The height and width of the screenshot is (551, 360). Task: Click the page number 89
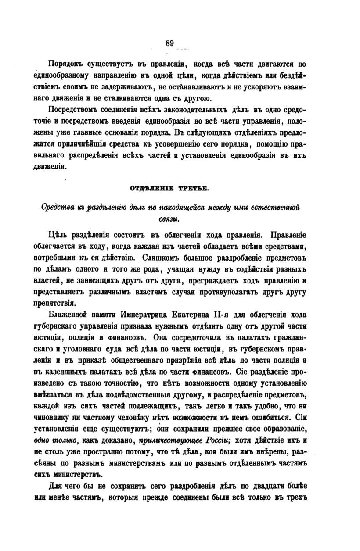(x=170, y=43)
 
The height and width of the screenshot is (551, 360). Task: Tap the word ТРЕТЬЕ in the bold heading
(x=194, y=189)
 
